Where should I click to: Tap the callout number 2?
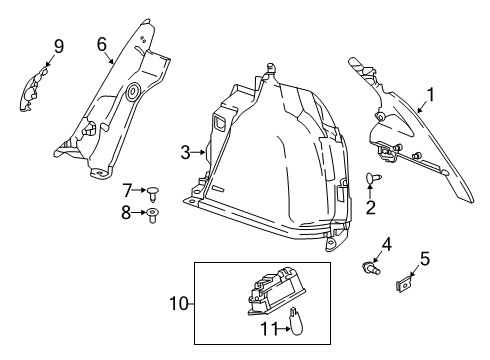tap(369, 208)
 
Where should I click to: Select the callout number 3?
tap(186, 153)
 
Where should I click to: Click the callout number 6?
tap(101, 43)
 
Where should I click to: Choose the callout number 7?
tap(127, 189)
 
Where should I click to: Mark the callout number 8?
tap(127, 211)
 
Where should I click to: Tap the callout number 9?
tap(58, 46)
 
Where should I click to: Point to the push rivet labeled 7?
tap(155, 190)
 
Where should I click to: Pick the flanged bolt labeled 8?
tap(152, 214)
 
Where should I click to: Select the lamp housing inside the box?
tap(273, 292)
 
